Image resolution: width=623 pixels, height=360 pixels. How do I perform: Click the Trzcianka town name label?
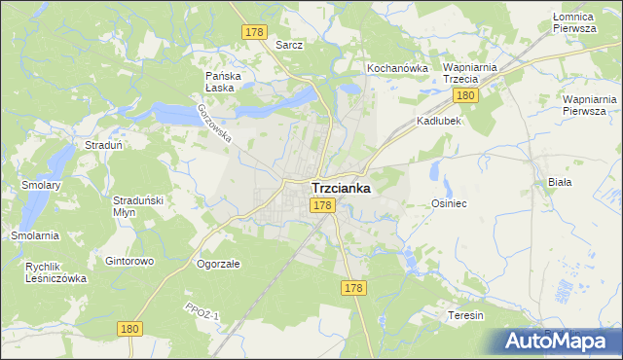coord(340,188)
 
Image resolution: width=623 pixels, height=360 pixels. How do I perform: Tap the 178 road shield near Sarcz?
coord(254,32)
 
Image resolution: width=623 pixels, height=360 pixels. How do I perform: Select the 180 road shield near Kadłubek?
coord(465,94)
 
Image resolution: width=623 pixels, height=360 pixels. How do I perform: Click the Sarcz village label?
coord(289,45)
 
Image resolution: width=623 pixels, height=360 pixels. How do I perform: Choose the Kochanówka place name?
coord(397,68)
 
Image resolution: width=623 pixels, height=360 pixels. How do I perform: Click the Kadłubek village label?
coord(438,121)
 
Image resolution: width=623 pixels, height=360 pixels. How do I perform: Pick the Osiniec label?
coord(450,203)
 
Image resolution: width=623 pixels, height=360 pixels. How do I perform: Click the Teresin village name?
coord(465,315)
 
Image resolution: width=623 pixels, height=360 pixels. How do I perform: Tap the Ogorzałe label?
coord(218,263)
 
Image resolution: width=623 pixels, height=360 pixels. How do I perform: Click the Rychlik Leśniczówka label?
coord(55,271)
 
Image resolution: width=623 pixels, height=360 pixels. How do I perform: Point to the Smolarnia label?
coord(35,235)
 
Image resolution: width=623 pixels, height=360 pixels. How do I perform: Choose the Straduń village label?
coord(102,145)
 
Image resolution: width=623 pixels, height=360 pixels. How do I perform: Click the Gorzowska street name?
coord(214,124)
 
